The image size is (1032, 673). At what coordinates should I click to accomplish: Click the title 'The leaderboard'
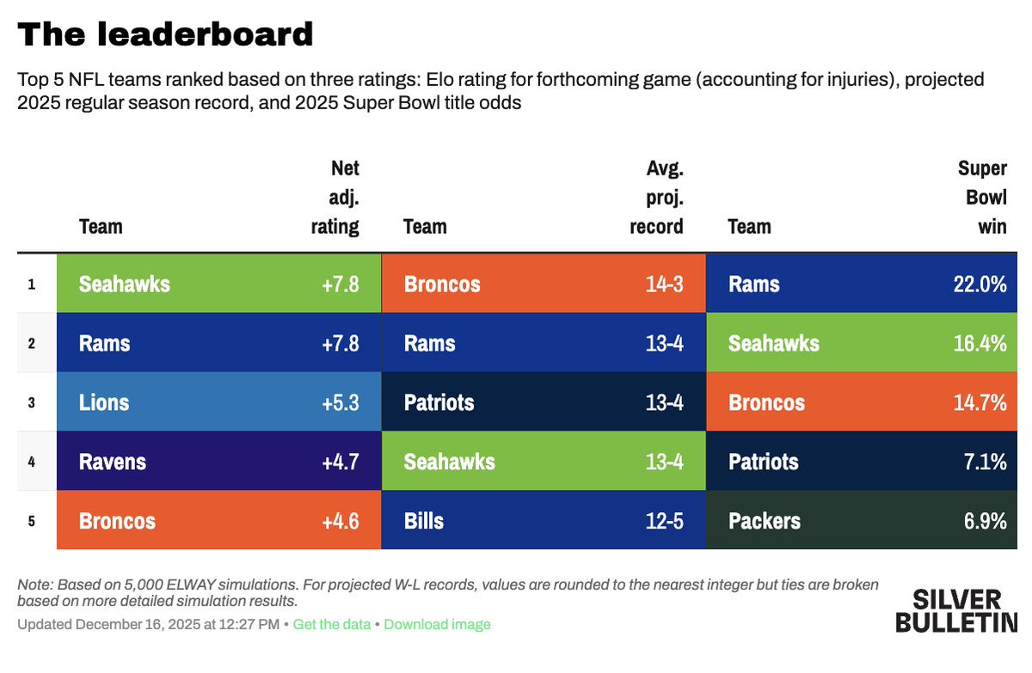165,34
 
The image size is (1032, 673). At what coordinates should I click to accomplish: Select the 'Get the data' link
331,625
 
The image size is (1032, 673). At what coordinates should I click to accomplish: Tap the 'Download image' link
437,625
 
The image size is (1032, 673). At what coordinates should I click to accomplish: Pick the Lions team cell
104,402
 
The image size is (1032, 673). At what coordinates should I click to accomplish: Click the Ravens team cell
112,462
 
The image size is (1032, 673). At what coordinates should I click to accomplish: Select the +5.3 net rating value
341,402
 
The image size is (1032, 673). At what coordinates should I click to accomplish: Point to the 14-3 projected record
664,284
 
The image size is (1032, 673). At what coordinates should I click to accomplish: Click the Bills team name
424,521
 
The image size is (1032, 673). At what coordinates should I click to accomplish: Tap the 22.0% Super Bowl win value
980,284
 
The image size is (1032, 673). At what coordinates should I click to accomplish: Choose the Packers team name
764,521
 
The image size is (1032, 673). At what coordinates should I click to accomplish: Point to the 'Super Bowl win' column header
981,198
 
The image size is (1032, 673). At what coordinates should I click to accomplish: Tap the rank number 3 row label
32,402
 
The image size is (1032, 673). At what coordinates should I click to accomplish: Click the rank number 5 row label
32,521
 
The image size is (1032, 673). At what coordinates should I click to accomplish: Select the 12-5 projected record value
664,521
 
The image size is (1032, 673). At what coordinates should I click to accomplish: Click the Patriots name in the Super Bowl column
763,462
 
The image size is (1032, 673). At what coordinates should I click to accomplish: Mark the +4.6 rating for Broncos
341,521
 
